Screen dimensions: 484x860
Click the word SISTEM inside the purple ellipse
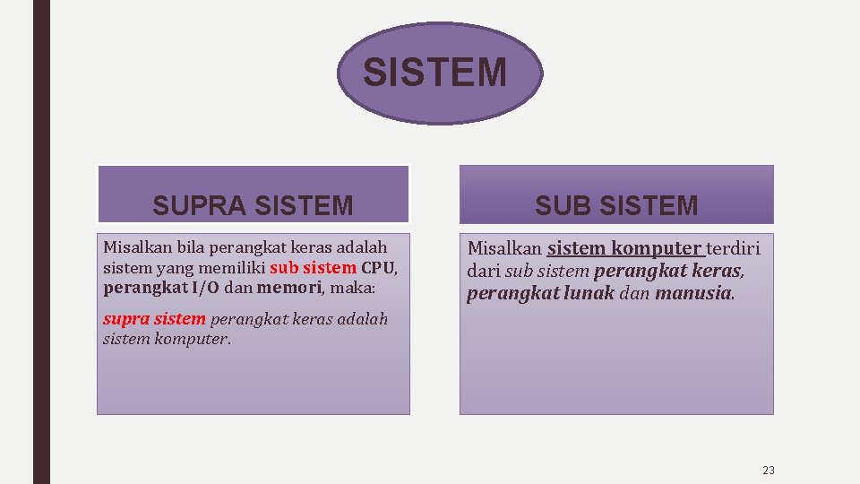tap(434, 73)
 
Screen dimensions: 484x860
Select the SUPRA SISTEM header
tap(253, 205)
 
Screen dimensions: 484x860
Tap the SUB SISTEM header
tap(616, 205)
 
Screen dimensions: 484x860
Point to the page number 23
tap(768, 470)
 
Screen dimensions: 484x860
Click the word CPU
tap(378, 267)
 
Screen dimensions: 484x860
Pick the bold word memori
tap(288, 288)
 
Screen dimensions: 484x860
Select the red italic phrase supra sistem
tap(154, 319)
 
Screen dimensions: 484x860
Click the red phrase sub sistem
tap(313, 267)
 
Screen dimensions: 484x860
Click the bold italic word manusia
tap(694, 293)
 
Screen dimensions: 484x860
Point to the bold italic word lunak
tap(589, 293)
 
